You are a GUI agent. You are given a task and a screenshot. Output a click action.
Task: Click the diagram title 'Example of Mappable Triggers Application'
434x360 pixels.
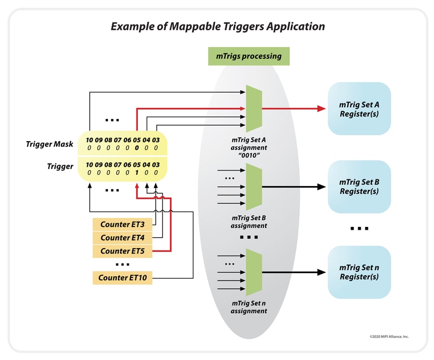click(217, 27)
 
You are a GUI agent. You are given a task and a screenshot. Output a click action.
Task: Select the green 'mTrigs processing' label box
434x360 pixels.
click(248, 56)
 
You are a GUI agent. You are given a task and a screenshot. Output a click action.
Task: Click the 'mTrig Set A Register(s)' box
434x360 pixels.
click(359, 109)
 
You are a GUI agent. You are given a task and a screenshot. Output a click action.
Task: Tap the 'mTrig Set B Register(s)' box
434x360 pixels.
click(359, 187)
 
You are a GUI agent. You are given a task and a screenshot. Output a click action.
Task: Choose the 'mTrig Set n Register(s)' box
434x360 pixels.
click(359, 272)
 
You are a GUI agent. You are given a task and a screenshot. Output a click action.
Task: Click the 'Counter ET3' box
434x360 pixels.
click(122, 224)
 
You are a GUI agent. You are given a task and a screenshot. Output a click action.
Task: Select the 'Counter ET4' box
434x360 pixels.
click(122, 238)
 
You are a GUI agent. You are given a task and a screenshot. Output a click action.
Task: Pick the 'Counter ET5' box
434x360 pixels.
click(122, 251)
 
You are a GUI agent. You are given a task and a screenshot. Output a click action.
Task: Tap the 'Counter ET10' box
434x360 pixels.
click(122, 278)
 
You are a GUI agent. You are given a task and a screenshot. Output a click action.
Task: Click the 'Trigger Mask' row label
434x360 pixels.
click(50, 144)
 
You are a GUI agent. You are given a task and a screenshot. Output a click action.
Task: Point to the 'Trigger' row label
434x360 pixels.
click(60, 166)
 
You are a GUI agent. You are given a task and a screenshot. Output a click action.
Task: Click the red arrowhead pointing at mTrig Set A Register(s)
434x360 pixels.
click(322, 109)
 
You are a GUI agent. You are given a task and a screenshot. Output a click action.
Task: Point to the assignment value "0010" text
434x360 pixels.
click(248, 155)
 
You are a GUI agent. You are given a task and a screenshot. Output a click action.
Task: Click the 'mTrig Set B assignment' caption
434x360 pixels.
click(248, 222)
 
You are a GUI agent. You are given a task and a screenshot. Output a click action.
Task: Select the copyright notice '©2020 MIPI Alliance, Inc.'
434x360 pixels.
click(389, 336)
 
